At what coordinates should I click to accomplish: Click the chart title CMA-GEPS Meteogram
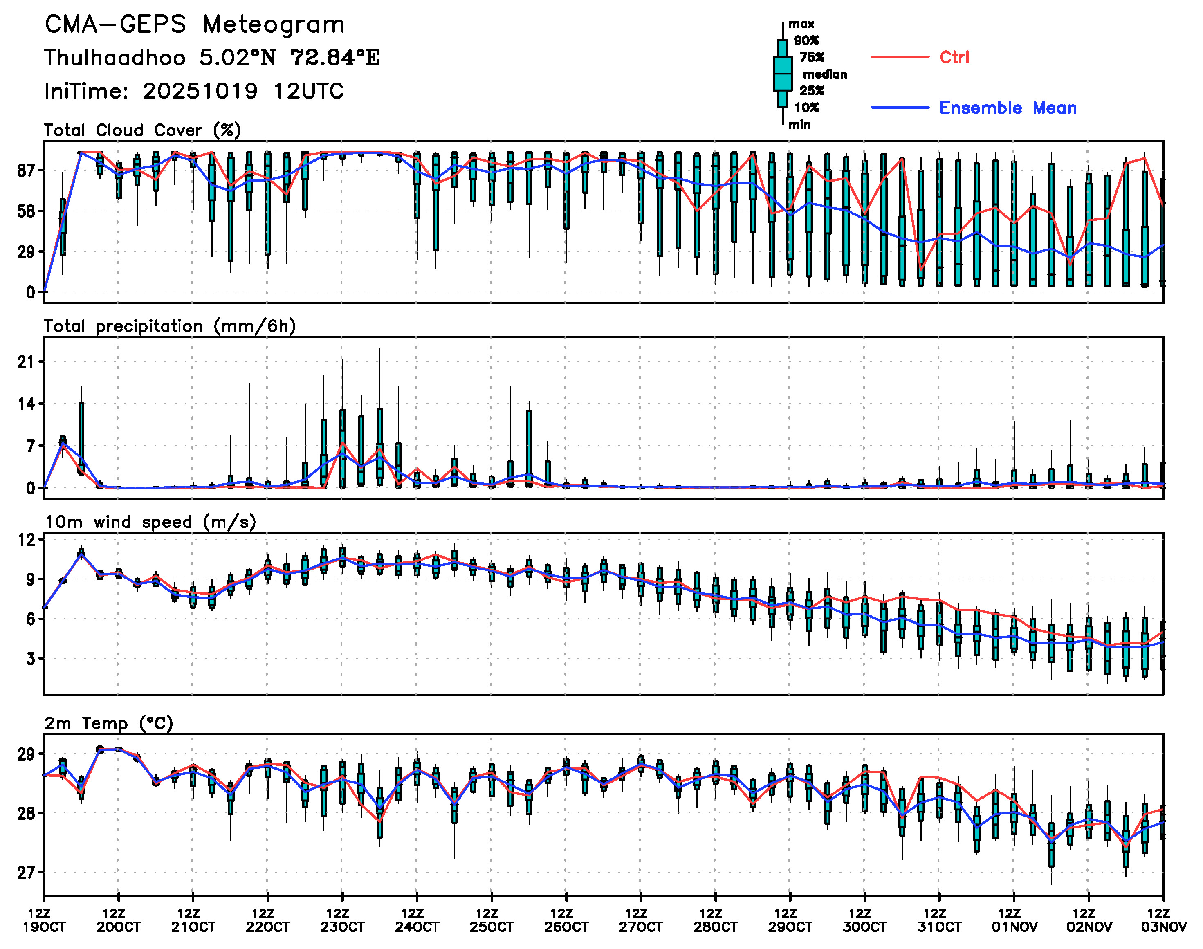click(195, 25)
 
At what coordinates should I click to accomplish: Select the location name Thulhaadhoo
click(114, 58)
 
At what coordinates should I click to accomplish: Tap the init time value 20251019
click(200, 91)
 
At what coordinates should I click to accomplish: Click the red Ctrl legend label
click(954, 57)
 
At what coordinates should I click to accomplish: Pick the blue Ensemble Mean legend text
click(1008, 108)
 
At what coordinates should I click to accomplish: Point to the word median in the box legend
click(825, 74)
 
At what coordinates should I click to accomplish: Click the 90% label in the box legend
click(806, 40)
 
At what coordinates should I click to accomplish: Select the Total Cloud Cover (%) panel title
click(142, 130)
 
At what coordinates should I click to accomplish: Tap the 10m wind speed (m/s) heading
click(150, 522)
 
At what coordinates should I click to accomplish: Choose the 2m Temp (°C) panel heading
click(109, 723)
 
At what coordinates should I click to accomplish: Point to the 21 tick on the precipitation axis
click(26, 362)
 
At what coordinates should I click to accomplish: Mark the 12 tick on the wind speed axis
click(26, 539)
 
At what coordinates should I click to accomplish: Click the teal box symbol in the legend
click(782, 73)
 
